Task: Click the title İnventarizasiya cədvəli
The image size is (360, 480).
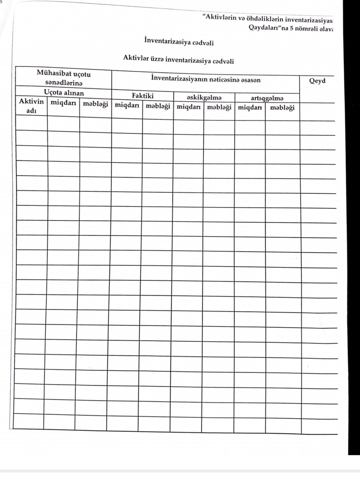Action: [179, 42]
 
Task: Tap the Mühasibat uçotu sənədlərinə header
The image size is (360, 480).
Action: [64, 78]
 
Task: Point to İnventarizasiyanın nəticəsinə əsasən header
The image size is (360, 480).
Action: [206, 80]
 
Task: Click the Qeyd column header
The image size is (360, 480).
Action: [317, 81]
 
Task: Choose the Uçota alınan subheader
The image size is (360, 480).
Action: [64, 93]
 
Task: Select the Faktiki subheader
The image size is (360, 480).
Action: [143, 96]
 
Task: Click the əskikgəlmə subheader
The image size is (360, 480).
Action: [204, 98]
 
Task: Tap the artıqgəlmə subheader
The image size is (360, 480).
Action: [267, 98]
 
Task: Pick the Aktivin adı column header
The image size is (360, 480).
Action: [31, 106]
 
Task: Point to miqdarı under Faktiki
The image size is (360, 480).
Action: [127, 105]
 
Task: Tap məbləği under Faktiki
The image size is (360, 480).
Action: [158, 106]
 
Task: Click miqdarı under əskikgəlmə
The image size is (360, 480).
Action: [189, 107]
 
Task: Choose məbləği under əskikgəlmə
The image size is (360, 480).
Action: [219, 107]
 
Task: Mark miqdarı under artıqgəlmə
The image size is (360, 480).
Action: [250, 108]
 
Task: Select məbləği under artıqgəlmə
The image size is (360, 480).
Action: [282, 108]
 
